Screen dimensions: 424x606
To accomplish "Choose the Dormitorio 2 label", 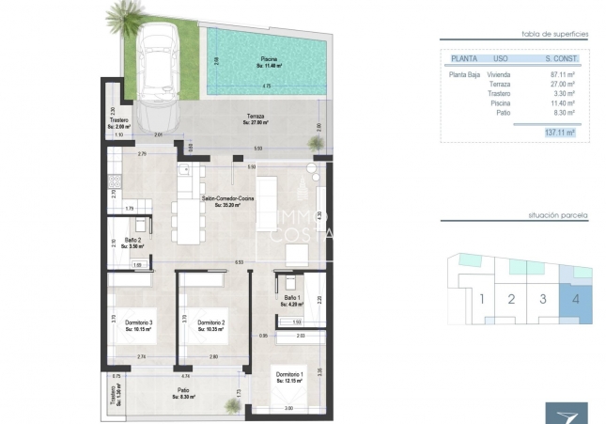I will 211,325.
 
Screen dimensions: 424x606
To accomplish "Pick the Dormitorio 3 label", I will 138,325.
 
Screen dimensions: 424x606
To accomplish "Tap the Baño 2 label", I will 132,242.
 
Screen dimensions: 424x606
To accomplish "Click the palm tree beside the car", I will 123,19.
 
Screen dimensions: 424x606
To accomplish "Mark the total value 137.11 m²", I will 562,133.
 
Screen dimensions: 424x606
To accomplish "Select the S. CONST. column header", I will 561,58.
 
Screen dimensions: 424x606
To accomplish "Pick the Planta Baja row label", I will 464,73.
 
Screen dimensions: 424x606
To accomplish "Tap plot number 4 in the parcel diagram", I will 573,300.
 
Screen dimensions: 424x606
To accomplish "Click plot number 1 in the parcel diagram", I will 481,300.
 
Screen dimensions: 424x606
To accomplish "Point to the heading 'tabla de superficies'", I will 554,33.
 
